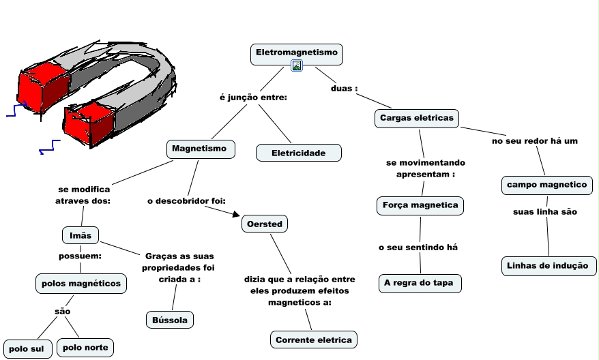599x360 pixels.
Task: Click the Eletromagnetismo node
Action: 296,52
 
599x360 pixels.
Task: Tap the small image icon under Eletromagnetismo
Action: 297,65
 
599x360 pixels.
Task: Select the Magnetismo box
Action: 201,149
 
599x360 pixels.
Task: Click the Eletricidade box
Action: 298,153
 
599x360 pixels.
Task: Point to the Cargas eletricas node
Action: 416,118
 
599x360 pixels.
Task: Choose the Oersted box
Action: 264,224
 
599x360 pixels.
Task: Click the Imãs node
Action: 81,235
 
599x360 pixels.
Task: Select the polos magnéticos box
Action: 81,282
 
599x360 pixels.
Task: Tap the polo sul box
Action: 27,348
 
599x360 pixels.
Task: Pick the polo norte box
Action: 85,348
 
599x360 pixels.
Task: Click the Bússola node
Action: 170,319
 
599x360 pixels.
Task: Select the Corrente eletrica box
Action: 314,340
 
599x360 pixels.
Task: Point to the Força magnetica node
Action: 420,205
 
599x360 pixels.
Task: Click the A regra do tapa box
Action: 420,282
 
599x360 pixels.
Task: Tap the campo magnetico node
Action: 546,185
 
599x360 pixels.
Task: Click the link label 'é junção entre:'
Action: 253,97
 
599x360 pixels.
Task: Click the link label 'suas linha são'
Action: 545,211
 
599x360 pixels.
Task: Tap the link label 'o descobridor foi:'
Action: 186,201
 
